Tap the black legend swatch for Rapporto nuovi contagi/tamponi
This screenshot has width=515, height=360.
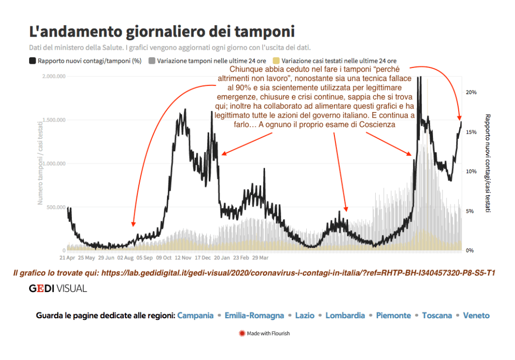point(33,61)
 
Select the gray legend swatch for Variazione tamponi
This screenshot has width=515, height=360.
point(152,61)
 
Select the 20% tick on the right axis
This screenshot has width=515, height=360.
point(471,93)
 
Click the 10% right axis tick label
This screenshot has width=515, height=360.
point(471,171)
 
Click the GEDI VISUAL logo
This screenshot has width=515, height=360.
point(58,289)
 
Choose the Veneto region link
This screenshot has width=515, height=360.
point(476,316)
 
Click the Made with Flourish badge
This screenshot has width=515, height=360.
point(265,333)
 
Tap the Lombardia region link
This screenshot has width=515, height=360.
point(345,316)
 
